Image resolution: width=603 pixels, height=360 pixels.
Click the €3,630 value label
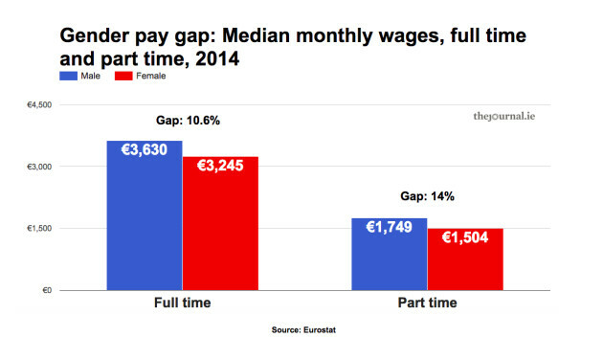pos(145,149)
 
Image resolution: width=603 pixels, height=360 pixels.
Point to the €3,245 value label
pos(220,165)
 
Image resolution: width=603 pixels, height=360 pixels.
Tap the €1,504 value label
pos(465,236)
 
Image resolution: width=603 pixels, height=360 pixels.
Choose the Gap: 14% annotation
pos(427,196)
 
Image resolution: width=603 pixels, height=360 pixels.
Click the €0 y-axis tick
pos(45,290)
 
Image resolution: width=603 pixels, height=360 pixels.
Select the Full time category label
pos(182,304)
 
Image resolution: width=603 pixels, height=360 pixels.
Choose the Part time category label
pos(427,304)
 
